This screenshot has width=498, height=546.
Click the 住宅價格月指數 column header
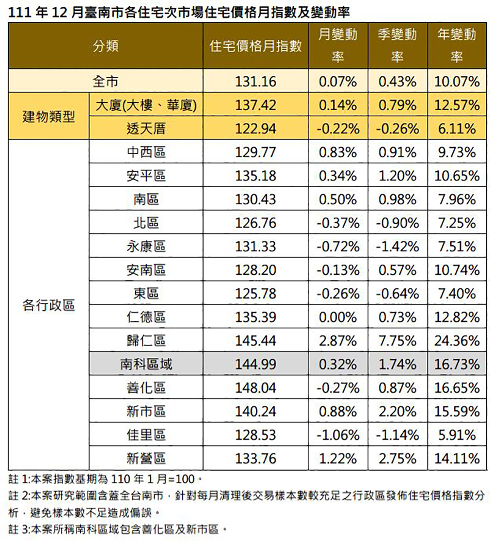(x=255, y=46)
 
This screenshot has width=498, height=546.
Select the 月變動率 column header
(x=338, y=45)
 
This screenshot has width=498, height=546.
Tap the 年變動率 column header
(x=457, y=45)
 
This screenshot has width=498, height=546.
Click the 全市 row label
(x=106, y=81)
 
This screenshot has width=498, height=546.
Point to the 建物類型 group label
(x=49, y=116)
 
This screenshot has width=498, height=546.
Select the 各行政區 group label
(x=49, y=305)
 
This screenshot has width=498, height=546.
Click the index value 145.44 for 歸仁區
(x=256, y=340)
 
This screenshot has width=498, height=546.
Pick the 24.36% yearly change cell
(x=457, y=340)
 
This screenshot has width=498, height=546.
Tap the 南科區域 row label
(x=146, y=364)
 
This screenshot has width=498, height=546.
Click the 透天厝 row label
(x=146, y=128)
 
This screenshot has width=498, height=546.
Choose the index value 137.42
(x=256, y=105)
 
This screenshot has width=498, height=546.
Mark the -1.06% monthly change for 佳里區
(x=338, y=435)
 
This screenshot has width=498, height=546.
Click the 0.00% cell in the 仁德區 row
(x=338, y=317)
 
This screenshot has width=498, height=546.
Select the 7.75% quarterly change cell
(x=397, y=340)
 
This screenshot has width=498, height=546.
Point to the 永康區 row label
(x=146, y=246)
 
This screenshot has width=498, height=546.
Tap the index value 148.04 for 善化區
(x=256, y=388)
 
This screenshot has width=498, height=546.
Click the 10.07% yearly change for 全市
(x=457, y=82)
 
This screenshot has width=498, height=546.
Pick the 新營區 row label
(x=146, y=458)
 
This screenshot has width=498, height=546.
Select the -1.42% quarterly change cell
(x=397, y=247)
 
